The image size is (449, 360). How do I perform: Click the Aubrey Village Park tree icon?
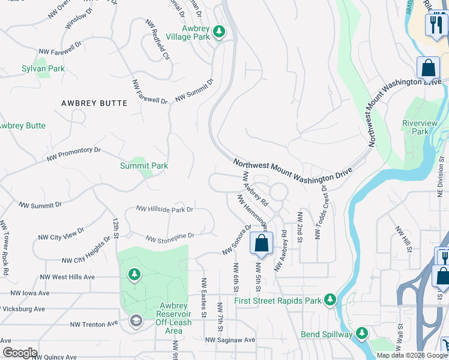[x=219, y=31]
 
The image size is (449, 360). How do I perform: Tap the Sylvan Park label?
[x=43, y=69]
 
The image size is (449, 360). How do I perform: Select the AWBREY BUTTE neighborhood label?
[x=94, y=103]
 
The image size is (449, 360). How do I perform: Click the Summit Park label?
[x=144, y=166]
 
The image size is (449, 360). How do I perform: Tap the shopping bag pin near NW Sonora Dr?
[x=261, y=244]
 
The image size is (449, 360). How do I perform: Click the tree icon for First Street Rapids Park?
[x=329, y=299]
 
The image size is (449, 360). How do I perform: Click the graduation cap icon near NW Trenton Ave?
[x=135, y=322]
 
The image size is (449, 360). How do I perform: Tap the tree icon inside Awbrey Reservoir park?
[x=134, y=275]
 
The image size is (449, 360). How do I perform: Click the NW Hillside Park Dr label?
[x=164, y=209]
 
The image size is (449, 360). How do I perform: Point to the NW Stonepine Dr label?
[x=170, y=238]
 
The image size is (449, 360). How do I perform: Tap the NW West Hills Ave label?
[x=67, y=277]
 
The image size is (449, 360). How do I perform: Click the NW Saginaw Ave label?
[x=230, y=340]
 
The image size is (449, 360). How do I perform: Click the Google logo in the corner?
[x=19, y=353]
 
